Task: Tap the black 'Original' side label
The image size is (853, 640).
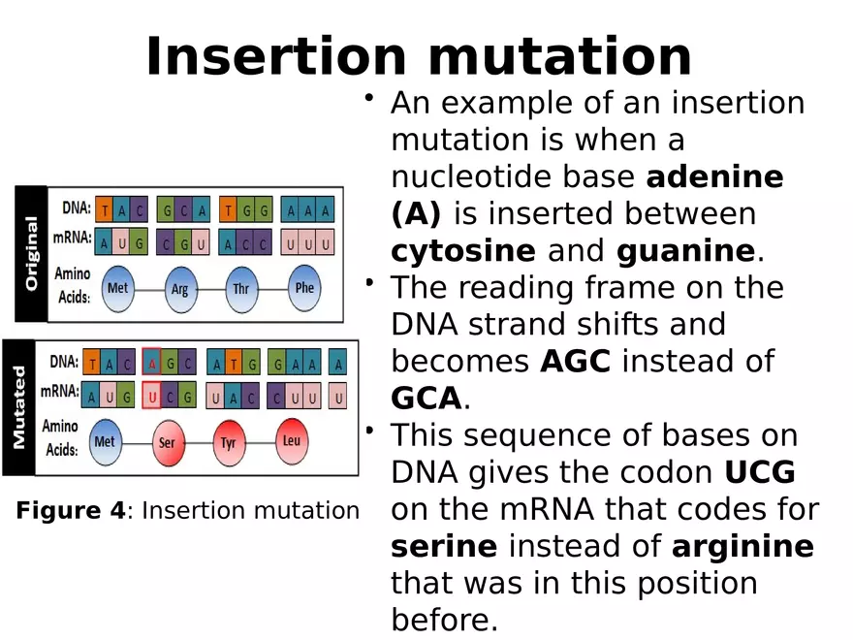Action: click(x=30, y=253)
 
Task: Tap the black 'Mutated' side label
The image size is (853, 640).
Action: click(x=17, y=406)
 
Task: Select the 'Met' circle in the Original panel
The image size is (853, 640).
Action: click(x=117, y=289)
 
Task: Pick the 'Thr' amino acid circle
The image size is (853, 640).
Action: click(x=241, y=289)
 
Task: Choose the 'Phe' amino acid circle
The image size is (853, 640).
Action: click(x=304, y=288)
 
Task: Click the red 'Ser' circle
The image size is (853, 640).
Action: click(x=167, y=443)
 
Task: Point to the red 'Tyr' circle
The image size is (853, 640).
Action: click(x=229, y=443)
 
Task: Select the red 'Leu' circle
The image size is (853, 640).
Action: click(x=292, y=441)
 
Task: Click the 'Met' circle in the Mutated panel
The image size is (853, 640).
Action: click(x=105, y=442)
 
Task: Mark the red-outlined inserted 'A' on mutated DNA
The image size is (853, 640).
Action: click(x=152, y=364)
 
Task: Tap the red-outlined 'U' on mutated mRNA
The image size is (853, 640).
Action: click(x=152, y=397)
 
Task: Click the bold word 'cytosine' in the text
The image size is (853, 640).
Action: click(x=462, y=251)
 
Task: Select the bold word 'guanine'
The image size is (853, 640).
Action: click(x=685, y=251)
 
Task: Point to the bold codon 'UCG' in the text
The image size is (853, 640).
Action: click(x=760, y=472)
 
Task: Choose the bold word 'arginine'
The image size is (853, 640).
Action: click(x=742, y=546)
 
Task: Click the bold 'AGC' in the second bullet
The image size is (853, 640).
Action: click(x=576, y=362)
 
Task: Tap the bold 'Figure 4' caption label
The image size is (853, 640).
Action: click(x=71, y=510)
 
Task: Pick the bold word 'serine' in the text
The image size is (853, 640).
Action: click(x=444, y=546)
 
